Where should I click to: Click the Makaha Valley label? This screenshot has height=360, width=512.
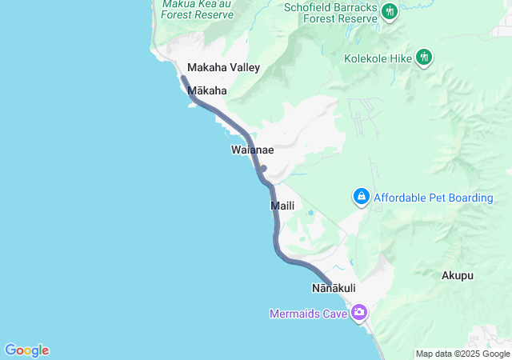(x=223, y=68)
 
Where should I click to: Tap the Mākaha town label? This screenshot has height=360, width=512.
(x=207, y=91)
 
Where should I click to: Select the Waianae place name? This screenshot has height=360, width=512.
(x=253, y=150)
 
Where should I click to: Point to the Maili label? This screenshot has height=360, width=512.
(x=282, y=206)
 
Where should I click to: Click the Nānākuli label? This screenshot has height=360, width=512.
(x=334, y=287)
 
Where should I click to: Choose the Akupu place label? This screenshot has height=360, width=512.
(x=458, y=275)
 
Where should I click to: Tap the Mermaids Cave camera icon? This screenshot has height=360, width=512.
(x=359, y=312)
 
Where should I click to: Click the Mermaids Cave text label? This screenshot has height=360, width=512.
(x=308, y=314)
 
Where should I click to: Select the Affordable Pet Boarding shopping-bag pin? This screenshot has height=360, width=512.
(x=362, y=195)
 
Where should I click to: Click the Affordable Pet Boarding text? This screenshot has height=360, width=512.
(x=434, y=198)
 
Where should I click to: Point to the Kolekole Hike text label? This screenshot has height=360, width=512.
(x=378, y=58)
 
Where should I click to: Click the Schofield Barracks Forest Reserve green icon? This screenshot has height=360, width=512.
(x=390, y=11)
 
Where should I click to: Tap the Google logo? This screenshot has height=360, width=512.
(x=26, y=350)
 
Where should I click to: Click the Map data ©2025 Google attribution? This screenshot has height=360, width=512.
(x=462, y=354)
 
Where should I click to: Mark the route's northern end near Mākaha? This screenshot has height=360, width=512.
(x=182, y=78)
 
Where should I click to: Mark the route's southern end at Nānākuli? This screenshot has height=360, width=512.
(x=330, y=282)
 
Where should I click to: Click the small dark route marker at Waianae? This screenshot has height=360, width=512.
(x=263, y=168)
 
